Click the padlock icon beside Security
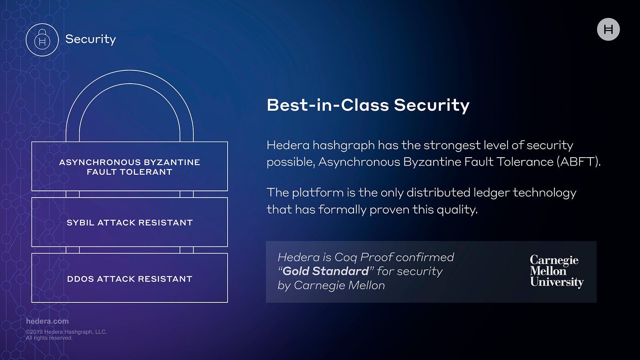click(42, 40)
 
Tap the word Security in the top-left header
click(90, 40)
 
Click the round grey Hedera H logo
click(608, 30)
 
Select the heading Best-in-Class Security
click(368, 105)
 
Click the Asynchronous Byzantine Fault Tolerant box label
click(130, 167)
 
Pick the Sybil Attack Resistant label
click(130, 222)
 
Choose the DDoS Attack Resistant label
click(130, 279)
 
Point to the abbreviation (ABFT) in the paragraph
click(578, 162)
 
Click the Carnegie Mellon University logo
click(556, 271)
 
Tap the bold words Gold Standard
click(326, 271)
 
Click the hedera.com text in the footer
click(48, 321)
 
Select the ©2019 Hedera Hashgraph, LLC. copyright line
click(66, 332)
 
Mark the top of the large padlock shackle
click(130, 70)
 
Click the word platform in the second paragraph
click(318, 192)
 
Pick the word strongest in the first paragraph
click(452, 146)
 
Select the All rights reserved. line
click(49, 338)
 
